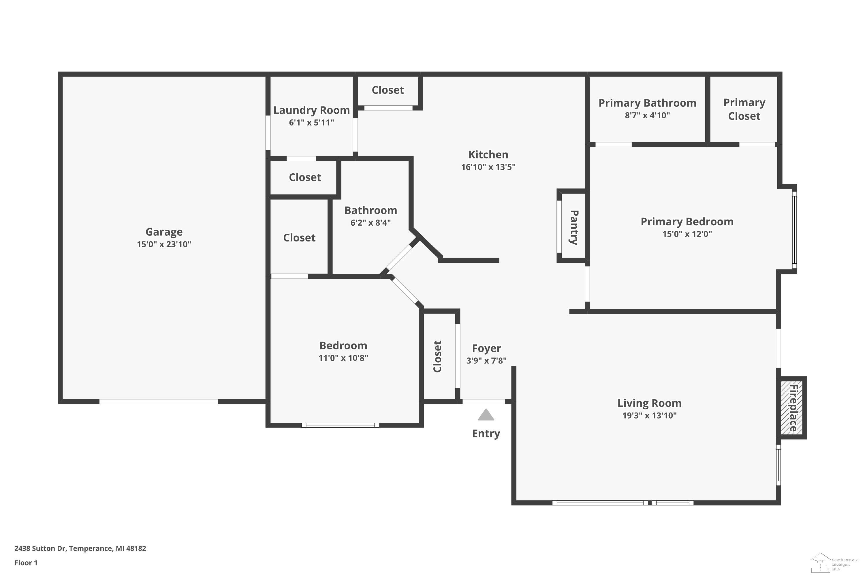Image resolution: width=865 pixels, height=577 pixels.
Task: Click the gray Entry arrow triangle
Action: point(486,415)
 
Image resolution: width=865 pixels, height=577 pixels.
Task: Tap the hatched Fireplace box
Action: point(791,408)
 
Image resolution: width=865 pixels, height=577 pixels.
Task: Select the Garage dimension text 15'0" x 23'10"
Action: point(164,244)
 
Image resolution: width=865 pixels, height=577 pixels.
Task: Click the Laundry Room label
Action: point(311,110)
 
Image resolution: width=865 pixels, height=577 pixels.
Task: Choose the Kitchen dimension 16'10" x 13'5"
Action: point(488,167)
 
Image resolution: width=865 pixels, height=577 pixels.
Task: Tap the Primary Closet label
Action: point(744,109)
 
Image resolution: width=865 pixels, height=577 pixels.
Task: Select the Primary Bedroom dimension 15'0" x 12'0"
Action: point(687,234)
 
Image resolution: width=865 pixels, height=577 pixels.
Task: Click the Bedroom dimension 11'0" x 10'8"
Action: point(343,358)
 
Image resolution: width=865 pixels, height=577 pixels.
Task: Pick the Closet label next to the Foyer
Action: point(437,356)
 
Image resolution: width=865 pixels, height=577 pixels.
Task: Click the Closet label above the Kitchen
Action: point(388,90)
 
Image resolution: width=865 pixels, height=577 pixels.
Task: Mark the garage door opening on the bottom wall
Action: point(159,402)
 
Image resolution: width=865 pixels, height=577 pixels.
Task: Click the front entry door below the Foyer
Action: point(484,402)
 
